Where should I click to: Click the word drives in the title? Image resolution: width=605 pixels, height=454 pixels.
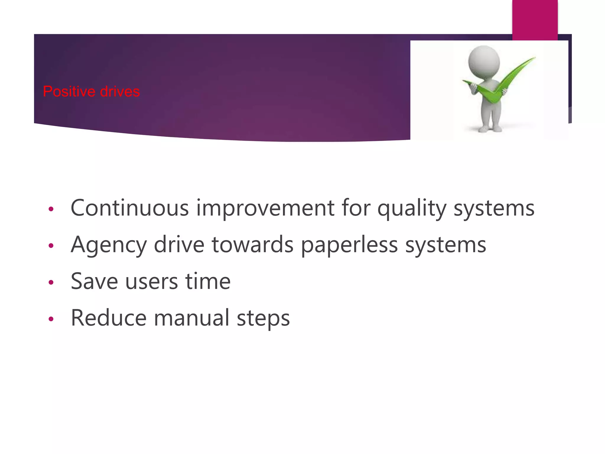(120, 92)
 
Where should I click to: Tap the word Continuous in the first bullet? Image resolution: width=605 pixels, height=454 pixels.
(130, 208)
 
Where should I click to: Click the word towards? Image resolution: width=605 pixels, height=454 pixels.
(253, 245)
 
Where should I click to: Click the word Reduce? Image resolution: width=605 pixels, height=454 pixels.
(109, 318)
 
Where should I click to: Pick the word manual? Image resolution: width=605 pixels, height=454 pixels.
(191, 318)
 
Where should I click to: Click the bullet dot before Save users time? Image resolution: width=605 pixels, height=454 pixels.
(51, 282)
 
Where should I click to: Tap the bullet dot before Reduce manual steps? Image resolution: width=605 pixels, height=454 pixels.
(51, 319)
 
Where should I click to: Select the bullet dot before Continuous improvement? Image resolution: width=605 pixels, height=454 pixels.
(51, 209)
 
